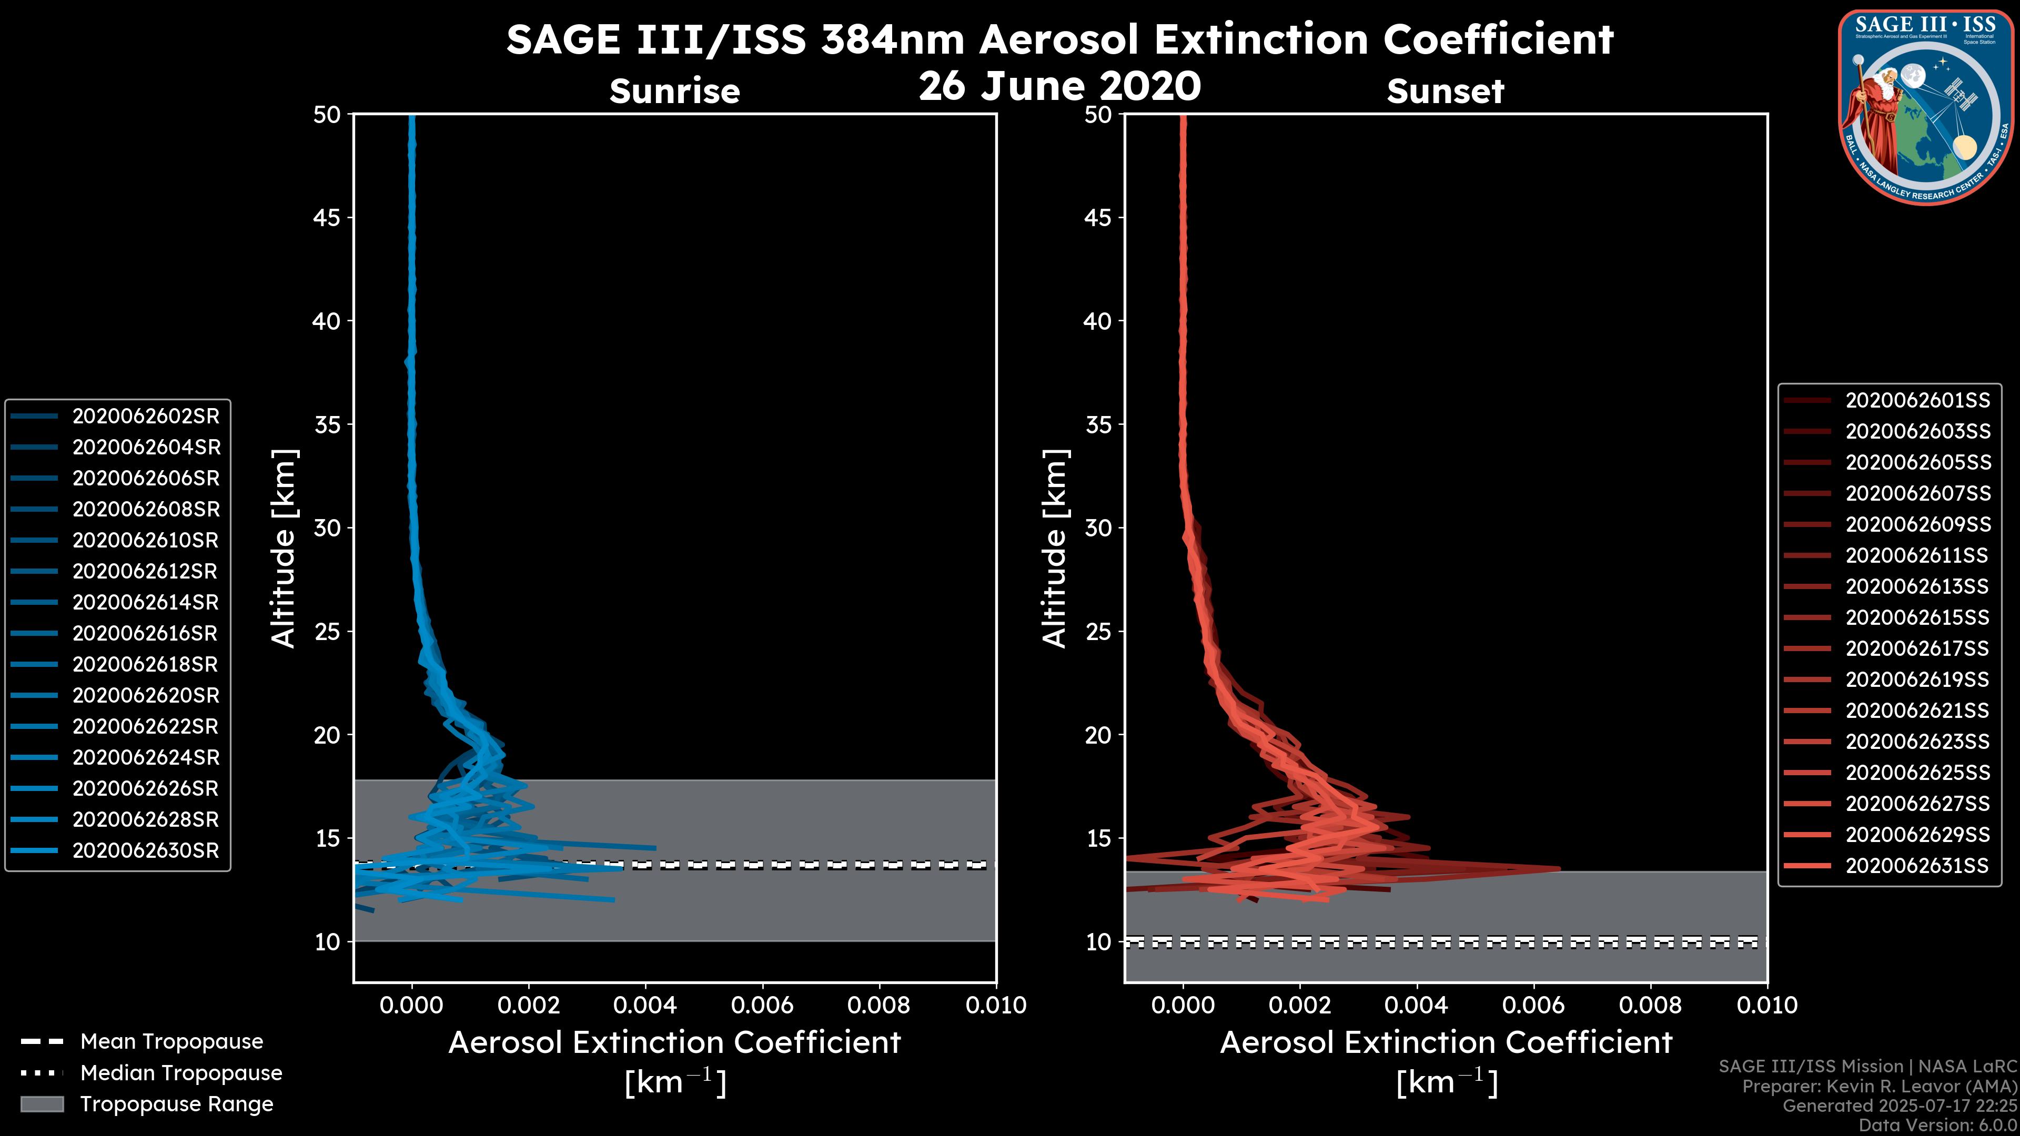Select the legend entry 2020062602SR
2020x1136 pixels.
click(146, 417)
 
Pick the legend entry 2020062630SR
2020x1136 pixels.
click(146, 850)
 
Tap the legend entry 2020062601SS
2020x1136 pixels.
click(1917, 401)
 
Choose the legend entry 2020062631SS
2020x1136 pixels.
click(1917, 866)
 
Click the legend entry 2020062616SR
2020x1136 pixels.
click(146, 633)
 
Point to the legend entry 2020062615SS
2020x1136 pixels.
click(1917, 618)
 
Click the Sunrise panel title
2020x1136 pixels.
click(674, 91)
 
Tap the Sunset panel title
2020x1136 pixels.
click(1445, 91)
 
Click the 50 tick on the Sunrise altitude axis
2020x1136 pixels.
click(327, 115)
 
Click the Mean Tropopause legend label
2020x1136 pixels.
click(171, 1042)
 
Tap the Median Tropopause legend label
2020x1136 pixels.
click(181, 1073)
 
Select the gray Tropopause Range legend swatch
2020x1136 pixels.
click(42, 1104)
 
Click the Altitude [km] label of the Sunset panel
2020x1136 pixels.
click(1055, 549)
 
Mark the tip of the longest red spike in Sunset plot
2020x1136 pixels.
click(1559, 869)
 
